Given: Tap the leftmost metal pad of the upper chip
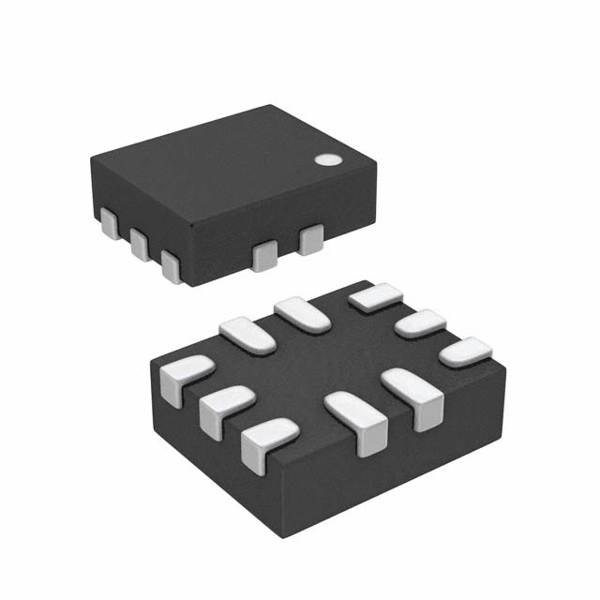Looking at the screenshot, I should point(110,224).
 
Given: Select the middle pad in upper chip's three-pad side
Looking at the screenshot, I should point(140,245).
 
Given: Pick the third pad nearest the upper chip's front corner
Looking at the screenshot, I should point(171,264).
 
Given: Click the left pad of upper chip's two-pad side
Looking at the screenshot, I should point(265,253).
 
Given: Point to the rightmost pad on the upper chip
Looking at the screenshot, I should point(310,240).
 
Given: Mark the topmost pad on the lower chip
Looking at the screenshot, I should point(375,297).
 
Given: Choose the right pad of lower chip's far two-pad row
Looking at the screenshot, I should point(302,313).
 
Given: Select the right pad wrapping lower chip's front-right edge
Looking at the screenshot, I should point(413,395).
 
